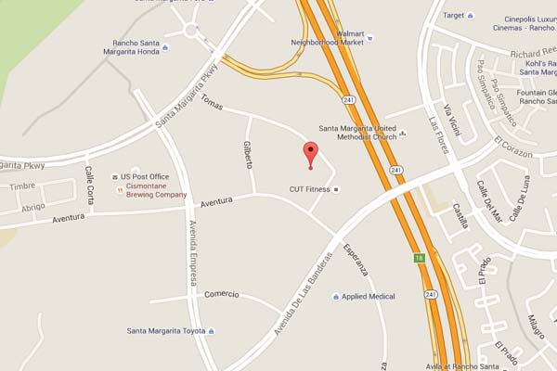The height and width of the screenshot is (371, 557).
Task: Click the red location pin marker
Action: pyautogui.click(x=311, y=155)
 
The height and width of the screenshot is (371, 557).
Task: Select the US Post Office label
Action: pyautogui.click(x=144, y=176)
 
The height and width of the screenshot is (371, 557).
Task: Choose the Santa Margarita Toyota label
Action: pyautogui.click(x=166, y=331)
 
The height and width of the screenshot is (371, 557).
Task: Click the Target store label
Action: pyautogui.click(x=453, y=15)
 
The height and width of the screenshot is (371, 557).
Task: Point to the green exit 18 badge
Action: pyautogui.click(x=419, y=259)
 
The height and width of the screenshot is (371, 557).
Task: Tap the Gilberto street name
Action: pyautogui.click(x=248, y=153)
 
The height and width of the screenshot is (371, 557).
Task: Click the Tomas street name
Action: pyautogui.click(x=213, y=104)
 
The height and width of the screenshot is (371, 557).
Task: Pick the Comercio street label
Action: pyautogui.click(x=222, y=294)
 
